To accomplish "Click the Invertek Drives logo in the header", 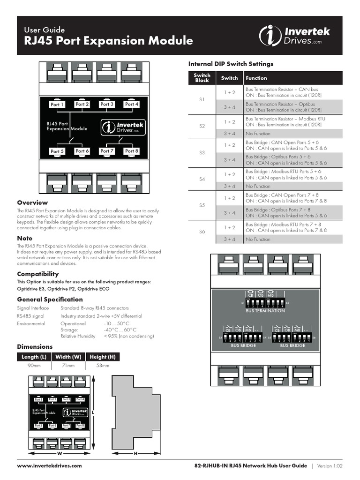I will point(295,36).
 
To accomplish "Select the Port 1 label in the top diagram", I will point(57,105).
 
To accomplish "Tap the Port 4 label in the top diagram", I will point(132,104).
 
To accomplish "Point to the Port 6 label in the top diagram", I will point(82,151).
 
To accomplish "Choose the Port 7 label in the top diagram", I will point(107,151).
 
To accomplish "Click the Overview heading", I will point(32,202).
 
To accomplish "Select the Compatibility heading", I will point(38,274).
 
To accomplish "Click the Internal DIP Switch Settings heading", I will point(231,64).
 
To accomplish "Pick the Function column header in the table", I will point(256,78).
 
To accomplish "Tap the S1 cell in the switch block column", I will point(202,100).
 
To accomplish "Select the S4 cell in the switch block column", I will point(202,179).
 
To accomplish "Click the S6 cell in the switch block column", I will point(202,232).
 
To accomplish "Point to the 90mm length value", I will point(34,365).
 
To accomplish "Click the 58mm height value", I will point(102,365).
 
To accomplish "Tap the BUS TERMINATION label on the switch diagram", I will point(265,311).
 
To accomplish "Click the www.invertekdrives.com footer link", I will point(49,466).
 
